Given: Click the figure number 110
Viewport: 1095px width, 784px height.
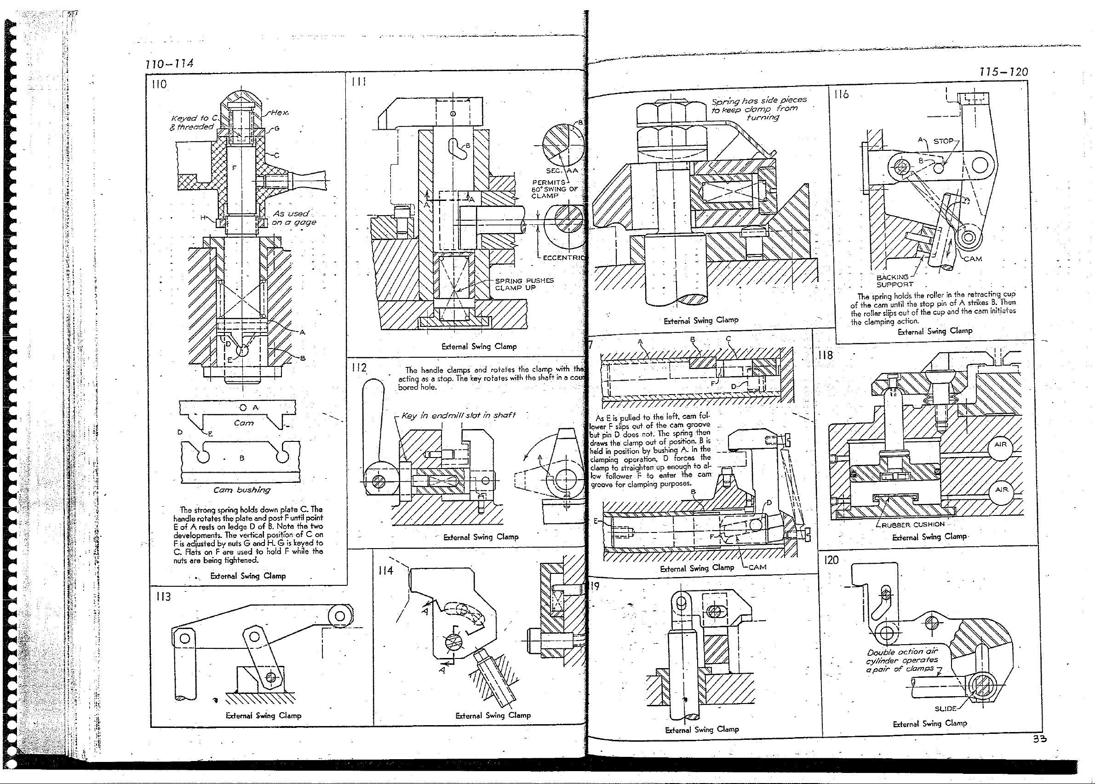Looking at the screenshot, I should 159,85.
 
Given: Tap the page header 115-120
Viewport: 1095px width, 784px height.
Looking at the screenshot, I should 1003,72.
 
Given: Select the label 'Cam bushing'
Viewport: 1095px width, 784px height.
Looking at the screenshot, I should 242,490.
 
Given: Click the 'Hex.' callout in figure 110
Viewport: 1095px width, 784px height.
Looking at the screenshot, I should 280,113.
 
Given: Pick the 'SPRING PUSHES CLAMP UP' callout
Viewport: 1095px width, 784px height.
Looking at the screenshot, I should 524,284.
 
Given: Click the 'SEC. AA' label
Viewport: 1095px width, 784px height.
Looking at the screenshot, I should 562,171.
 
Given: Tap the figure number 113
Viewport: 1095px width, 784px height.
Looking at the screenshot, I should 163,597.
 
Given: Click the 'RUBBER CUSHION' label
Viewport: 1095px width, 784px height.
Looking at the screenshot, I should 912,524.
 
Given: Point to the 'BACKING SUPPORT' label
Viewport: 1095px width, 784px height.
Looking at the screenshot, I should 894,280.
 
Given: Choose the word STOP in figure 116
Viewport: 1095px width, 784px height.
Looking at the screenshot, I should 943,141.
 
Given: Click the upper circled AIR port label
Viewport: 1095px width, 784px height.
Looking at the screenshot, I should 1000,444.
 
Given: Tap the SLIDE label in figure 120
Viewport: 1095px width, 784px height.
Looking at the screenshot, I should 946,709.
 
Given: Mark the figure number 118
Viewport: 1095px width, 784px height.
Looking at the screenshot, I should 825,355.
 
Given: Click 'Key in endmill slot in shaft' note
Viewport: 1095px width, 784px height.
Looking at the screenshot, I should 458,415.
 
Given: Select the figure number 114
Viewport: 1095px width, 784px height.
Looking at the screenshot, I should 386,571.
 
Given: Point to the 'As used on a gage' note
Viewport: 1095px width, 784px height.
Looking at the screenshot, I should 293,217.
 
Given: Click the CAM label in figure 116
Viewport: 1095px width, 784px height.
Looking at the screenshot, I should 972,259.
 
